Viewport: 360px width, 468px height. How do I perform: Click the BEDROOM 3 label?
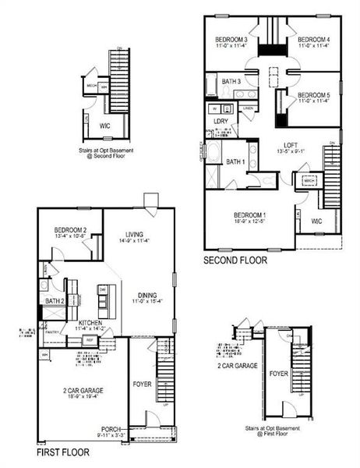[x=231, y=39]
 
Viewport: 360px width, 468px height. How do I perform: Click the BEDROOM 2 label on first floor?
[x=69, y=230]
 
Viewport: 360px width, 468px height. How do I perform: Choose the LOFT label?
[x=291, y=145]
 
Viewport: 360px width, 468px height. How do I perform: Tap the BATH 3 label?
[x=231, y=82]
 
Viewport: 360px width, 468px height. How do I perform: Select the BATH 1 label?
[x=235, y=161]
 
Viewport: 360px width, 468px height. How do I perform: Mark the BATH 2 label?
[x=54, y=301]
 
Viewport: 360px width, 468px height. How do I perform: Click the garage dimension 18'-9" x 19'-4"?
[x=83, y=396]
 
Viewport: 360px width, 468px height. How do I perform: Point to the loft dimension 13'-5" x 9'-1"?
[x=291, y=152]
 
